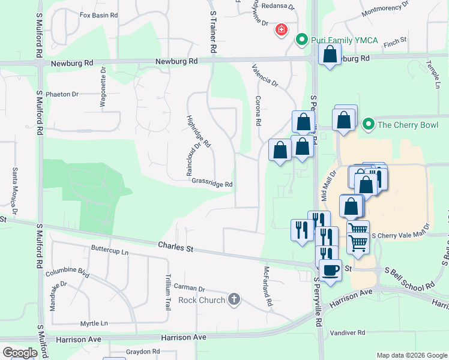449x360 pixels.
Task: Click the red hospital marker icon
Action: [x=280, y=29]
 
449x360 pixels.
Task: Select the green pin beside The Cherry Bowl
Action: [x=367, y=125]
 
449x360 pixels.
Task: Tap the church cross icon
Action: [x=234, y=299]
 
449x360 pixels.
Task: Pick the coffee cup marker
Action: [x=330, y=270]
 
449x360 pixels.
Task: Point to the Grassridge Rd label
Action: [x=212, y=185]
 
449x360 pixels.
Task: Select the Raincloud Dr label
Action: [x=192, y=158]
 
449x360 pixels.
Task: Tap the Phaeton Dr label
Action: [x=62, y=94]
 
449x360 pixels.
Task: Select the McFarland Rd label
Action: [x=265, y=287]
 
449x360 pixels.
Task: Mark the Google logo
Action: [x=20, y=353]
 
